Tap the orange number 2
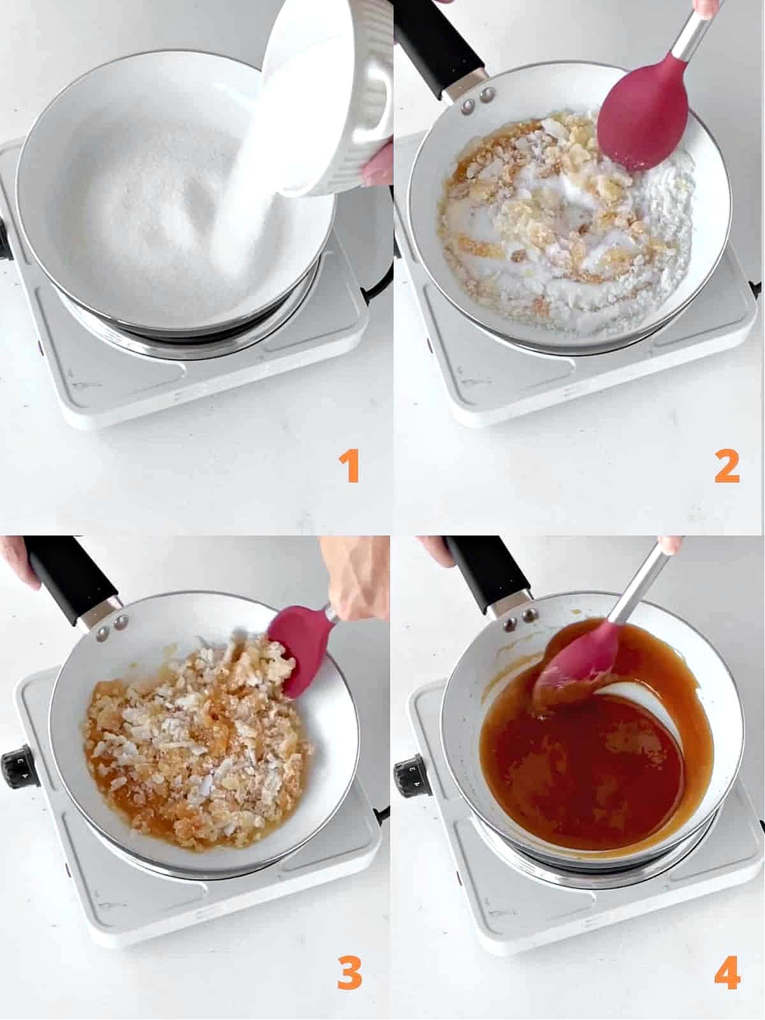click(x=727, y=467)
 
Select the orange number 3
click(x=349, y=973)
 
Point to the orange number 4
click(x=727, y=973)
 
